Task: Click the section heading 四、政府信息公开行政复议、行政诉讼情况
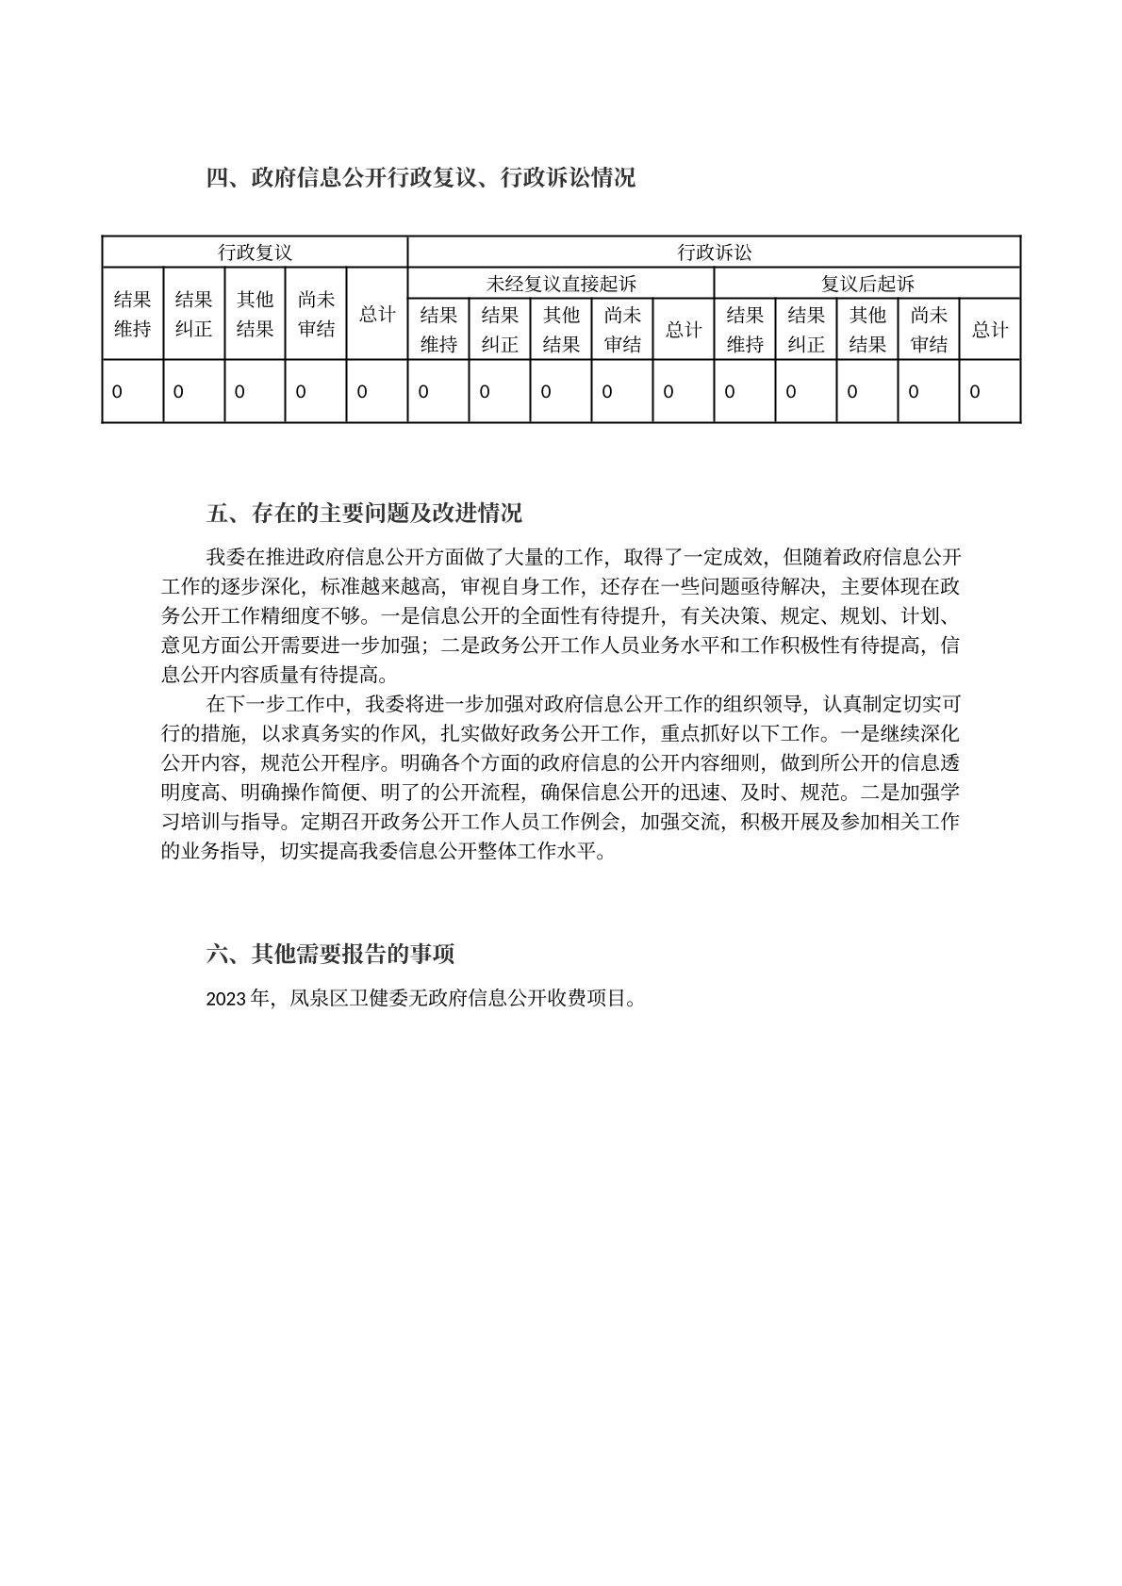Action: point(421,178)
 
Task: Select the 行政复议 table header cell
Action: point(255,253)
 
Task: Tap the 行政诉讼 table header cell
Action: point(715,253)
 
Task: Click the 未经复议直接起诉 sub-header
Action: point(561,284)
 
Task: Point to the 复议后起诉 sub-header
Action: point(867,284)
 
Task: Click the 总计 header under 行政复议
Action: point(377,314)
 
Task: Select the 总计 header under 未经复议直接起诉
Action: point(684,330)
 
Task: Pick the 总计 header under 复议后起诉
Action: point(990,330)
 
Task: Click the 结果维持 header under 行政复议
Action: point(133,314)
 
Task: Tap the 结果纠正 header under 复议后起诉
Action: point(806,330)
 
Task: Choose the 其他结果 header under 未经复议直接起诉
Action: point(561,330)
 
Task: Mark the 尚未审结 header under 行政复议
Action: point(316,314)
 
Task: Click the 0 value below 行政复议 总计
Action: point(362,391)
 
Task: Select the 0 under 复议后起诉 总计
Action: point(975,391)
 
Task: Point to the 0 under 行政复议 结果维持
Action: point(117,391)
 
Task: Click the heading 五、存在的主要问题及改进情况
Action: point(364,515)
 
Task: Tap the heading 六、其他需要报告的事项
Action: point(330,955)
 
